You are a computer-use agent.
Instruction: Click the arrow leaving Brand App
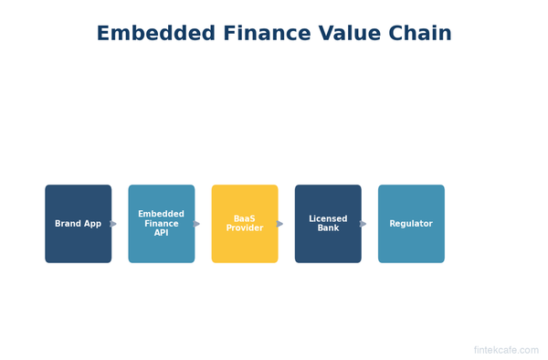[113, 224]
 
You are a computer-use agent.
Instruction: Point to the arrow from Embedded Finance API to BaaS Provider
[196, 224]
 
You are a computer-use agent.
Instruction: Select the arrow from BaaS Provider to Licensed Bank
[279, 224]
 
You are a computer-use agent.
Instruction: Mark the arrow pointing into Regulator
[363, 224]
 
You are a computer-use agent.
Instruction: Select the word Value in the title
[352, 34]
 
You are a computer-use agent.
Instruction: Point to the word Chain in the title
[421, 34]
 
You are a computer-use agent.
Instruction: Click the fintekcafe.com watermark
[505, 350]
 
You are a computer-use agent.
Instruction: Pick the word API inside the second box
[161, 233]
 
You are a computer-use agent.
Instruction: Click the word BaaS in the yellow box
[244, 219]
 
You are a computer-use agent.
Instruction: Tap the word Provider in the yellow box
[244, 228]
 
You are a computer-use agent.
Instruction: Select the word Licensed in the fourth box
[327, 219]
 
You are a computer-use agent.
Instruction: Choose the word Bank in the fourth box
[327, 228]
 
